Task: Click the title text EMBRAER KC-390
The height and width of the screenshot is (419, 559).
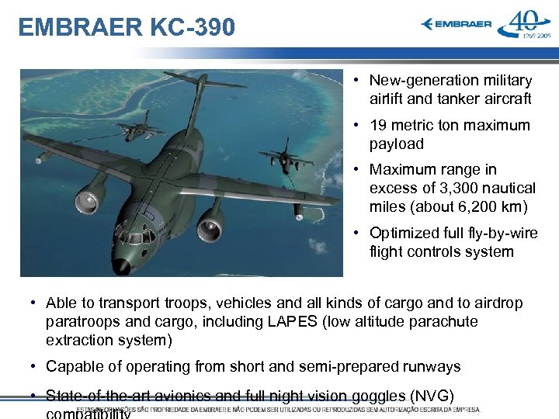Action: tap(126, 27)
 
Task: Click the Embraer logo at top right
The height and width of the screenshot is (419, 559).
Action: tap(457, 24)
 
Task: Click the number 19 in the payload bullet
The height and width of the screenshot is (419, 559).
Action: tap(378, 126)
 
